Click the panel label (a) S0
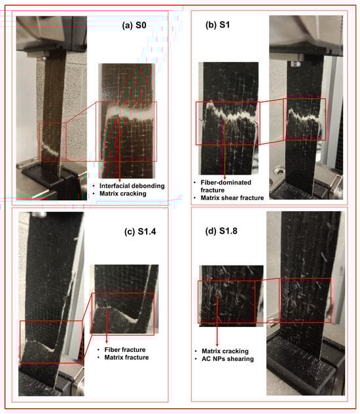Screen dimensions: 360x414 tap(134, 26)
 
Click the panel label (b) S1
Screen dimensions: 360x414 tap(217, 25)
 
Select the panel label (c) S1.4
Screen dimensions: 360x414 tap(140, 232)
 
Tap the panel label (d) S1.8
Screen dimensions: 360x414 tap(221, 231)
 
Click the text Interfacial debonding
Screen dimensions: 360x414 tap(132, 186)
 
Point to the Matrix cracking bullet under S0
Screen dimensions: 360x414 tap(122, 194)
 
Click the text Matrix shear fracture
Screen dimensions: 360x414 tap(232, 198)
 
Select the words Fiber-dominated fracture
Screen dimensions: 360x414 tap(226, 186)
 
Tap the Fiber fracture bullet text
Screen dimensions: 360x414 tap(125, 349)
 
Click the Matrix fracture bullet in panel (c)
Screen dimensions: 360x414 tap(126, 357)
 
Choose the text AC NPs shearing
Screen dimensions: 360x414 tap(228, 359)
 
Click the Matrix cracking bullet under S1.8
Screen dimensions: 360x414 tap(225, 351)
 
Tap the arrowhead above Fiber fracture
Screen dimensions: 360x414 tap(107, 341)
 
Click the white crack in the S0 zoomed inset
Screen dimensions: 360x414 tap(130, 112)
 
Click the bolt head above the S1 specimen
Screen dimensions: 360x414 tap(294, 63)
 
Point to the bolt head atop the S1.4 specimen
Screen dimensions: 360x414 tap(39, 215)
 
